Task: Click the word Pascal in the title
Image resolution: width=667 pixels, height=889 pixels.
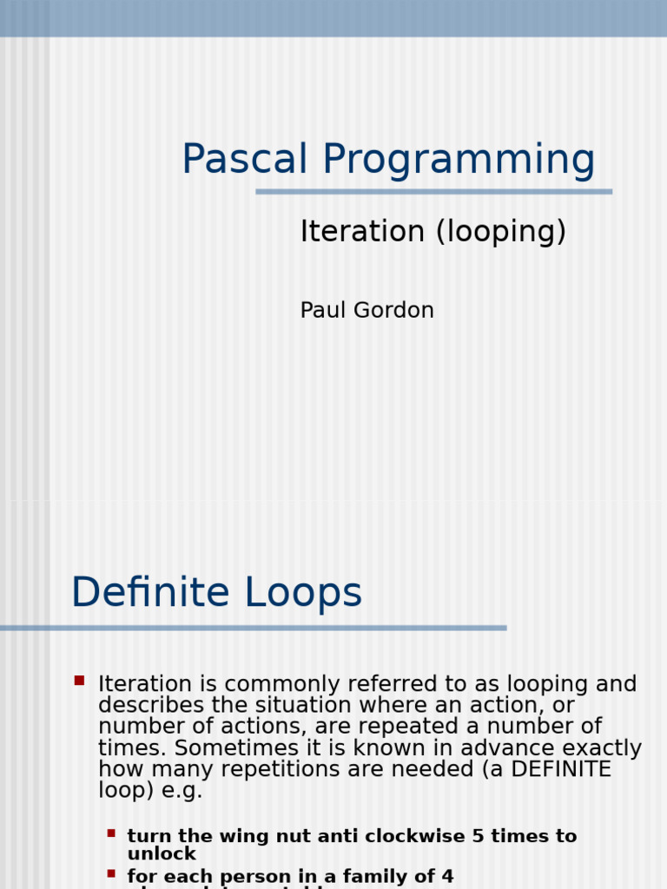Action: coord(244,160)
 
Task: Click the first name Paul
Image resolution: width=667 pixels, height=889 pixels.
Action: coord(320,310)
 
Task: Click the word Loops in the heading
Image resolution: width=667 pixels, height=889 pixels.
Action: coord(303,594)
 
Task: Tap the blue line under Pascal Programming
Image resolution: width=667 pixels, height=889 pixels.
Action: coord(433,191)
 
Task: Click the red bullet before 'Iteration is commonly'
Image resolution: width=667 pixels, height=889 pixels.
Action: coord(79,681)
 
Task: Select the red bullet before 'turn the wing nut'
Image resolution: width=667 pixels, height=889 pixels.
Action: coord(111,833)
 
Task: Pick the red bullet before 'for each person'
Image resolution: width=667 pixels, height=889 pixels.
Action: coord(111,873)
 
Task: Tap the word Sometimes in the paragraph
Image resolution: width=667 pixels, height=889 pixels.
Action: coord(208,748)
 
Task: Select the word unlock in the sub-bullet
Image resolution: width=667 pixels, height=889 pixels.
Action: coord(162,854)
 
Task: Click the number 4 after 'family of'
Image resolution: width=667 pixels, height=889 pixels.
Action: coord(447,877)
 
